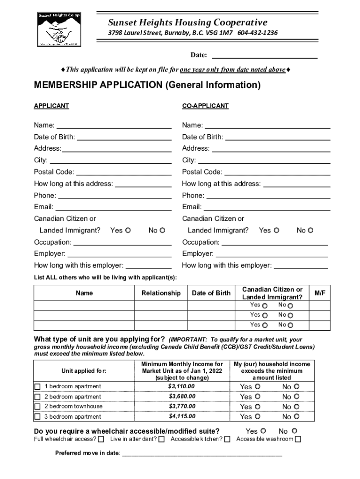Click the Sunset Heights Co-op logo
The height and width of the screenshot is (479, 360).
pos(58,29)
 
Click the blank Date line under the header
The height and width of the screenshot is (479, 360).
pos(265,56)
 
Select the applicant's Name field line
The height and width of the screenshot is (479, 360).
pos(114,125)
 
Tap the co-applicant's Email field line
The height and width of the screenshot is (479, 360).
pos(266,207)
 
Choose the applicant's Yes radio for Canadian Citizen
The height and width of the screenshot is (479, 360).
pos(128,230)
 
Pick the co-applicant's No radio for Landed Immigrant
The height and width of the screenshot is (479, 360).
pos(310,230)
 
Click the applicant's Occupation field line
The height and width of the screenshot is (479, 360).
pos(122,242)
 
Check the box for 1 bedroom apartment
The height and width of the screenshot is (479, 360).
pos(38,387)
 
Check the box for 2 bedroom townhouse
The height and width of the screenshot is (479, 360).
pos(38,406)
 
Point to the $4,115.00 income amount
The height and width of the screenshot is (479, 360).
pos(182,416)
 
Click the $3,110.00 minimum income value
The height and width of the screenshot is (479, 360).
pos(182,386)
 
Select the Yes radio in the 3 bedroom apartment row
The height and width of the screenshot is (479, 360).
pos(258,416)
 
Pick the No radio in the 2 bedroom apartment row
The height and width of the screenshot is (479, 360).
pos(296,397)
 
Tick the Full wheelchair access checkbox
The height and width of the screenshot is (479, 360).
pos(101,439)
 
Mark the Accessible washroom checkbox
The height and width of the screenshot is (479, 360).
pos(298,439)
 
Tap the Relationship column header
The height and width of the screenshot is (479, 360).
pos(161,293)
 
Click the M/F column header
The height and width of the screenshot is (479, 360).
pos(320,293)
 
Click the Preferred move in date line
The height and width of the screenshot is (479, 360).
pos(202,453)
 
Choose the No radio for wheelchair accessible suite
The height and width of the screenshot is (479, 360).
pos(294,431)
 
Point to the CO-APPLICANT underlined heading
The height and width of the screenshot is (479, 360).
pos(205,106)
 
